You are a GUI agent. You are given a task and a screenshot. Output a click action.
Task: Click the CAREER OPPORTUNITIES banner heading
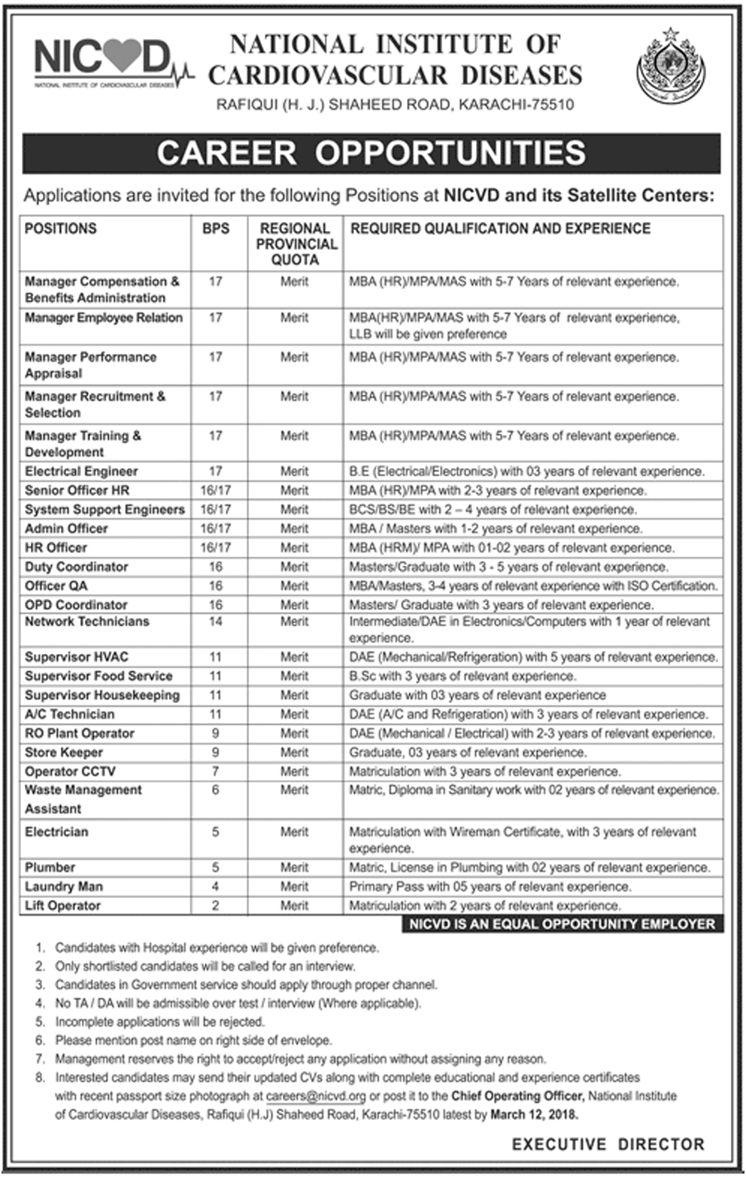(371, 153)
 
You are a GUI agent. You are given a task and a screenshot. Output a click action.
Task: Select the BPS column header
(215, 228)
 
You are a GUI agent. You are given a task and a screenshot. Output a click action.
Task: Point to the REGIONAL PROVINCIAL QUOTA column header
(296, 243)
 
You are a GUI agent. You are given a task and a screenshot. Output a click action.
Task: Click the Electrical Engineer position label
(81, 471)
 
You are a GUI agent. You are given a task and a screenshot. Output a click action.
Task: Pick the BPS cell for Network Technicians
(215, 622)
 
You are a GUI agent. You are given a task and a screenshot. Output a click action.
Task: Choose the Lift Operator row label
(62, 905)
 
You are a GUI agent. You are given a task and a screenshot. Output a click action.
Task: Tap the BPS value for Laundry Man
(215, 887)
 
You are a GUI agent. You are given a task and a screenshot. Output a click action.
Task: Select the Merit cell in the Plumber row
(294, 867)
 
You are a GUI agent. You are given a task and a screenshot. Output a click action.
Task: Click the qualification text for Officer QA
(532, 585)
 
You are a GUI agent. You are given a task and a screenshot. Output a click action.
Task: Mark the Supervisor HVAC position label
(76, 657)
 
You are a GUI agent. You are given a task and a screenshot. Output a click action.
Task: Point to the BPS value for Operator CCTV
(215, 771)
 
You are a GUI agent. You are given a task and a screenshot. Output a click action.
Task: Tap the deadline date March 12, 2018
(534, 1115)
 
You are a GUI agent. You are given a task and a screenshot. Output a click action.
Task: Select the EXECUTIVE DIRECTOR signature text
(608, 1145)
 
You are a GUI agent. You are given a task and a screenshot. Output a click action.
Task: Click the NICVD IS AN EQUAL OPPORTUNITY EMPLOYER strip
(562, 923)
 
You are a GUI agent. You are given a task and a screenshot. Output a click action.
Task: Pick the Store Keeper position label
(64, 753)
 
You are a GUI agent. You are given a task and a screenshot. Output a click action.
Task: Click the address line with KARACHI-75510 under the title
(395, 105)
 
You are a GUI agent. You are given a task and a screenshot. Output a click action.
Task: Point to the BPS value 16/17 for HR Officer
(215, 548)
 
